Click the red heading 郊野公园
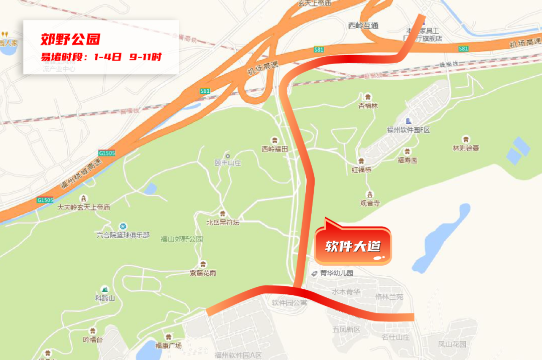(71, 39)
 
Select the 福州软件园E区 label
(409, 130)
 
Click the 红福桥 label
(361, 169)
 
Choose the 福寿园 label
(408, 160)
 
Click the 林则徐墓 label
(466, 148)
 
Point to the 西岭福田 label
(275, 149)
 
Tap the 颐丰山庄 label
(228, 163)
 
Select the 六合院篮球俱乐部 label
(123, 235)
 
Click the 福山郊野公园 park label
(181, 239)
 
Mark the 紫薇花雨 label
(203, 273)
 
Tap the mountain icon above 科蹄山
(105, 289)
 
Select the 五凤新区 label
(346, 329)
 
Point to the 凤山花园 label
(452, 344)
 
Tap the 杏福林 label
(368, 106)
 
